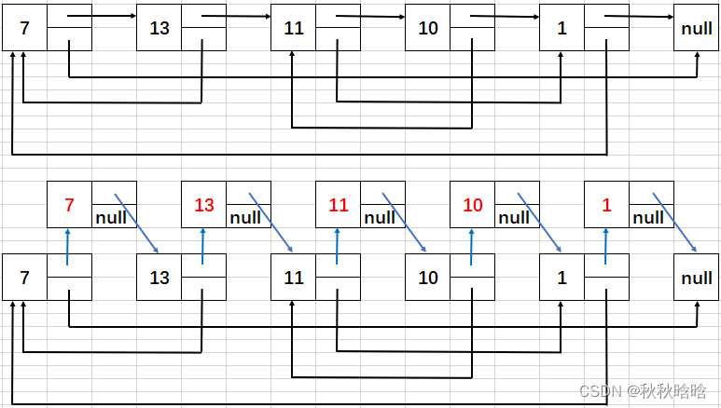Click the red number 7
coord(69,205)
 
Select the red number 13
coord(203,205)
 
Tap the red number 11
coord(338,205)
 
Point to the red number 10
coord(473,205)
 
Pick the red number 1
coord(607,205)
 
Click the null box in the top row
coord(697,28)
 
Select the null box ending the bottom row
coord(697,278)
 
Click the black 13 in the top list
coord(159,28)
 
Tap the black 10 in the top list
coord(428,28)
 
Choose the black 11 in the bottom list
coord(294,278)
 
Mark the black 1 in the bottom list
coord(562,278)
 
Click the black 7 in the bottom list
coord(24,278)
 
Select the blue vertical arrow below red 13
coord(203,248)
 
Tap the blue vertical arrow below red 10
coord(473,248)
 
